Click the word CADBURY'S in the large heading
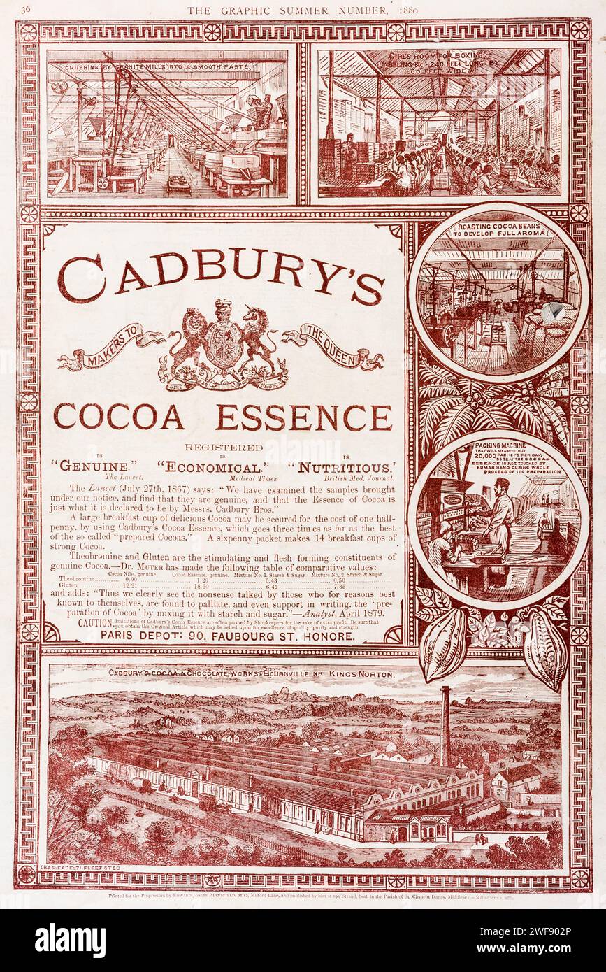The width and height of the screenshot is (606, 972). pyautogui.click(x=221, y=275)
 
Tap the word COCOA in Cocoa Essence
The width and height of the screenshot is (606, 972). pyautogui.click(x=120, y=417)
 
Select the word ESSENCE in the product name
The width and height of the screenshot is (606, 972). pyautogui.click(x=303, y=417)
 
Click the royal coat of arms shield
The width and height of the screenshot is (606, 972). pyautogui.click(x=223, y=343)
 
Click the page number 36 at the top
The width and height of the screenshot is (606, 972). pyautogui.click(x=26, y=9)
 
